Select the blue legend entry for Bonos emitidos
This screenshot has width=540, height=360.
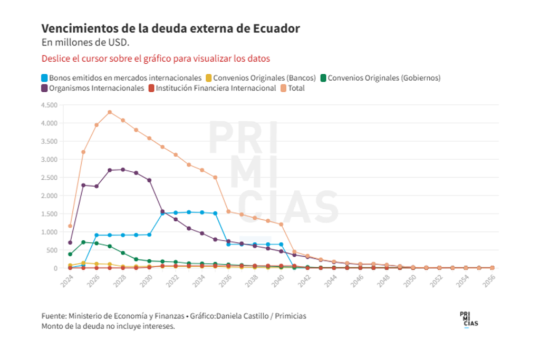click(x=121, y=77)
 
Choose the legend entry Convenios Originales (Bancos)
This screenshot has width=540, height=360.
click(x=261, y=77)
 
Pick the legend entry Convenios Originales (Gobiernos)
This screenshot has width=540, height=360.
click(x=380, y=77)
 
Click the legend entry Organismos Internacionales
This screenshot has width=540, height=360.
click(x=93, y=88)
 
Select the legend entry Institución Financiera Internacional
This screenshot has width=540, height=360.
click(x=213, y=88)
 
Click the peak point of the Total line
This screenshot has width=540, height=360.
click(x=110, y=112)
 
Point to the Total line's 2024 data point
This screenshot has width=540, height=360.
click(x=70, y=226)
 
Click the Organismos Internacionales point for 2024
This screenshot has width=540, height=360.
click(x=70, y=242)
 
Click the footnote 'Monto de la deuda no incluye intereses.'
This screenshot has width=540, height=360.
click(x=108, y=326)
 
